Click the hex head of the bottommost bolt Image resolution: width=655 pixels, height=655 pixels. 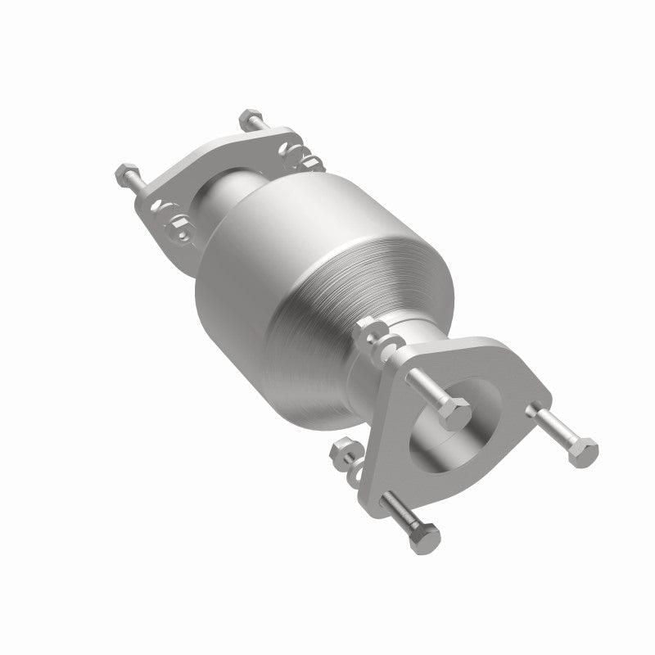(425, 536)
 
